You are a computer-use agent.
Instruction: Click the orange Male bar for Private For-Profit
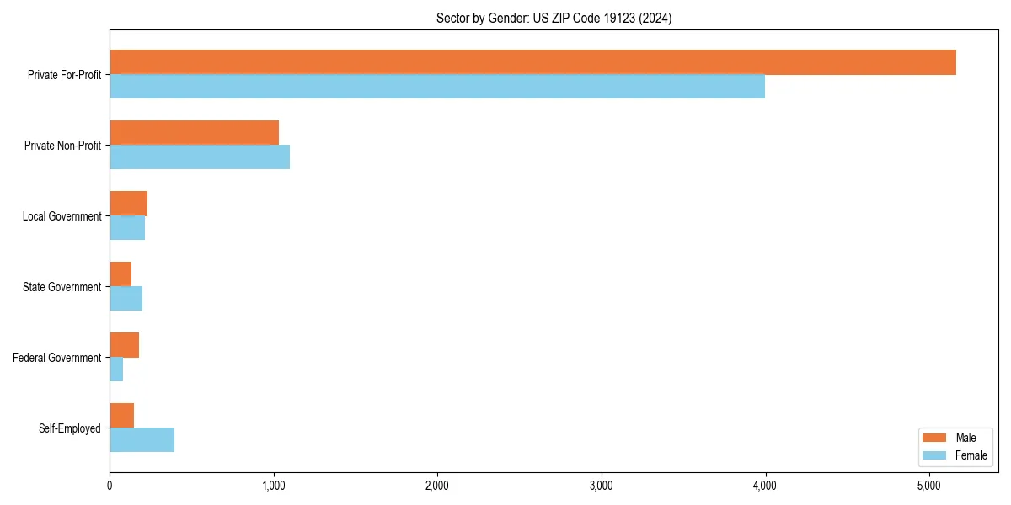pyautogui.click(x=532, y=62)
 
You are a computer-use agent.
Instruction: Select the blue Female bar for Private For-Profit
pyautogui.click(x=437, y=87)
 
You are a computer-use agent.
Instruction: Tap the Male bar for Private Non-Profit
pyautogui.click(x=194, y=133)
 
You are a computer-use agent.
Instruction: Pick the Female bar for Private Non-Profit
pyautogui.click(x=200, y=157)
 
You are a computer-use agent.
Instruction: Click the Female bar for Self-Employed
pyautogui.click(x=142, y=440)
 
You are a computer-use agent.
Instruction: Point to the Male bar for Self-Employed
pyautogui.click(x=121, y=416)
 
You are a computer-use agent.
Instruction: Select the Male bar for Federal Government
pyautogui.click(x=124, y=345)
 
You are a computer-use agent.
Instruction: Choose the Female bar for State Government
pyautogui.click(x=126, y=299)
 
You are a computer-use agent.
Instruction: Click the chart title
pyautogui.click(x=554, y=18)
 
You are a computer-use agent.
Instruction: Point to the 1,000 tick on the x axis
pyautogui.click(x=273, y=486)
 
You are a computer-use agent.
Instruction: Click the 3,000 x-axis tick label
pyautogui.click(x=601, y=486)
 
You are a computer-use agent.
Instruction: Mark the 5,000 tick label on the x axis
pyautogui.click(x=928, y=486)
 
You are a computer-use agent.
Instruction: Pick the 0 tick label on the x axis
pyautogui.click(x=110, y=486)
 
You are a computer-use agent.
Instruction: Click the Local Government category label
pyautogui.click(x=62, y=216)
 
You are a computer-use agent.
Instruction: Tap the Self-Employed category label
pyautogui.click(x=69, y=428)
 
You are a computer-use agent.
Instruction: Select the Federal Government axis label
pyautogui.click(x=56, y=358)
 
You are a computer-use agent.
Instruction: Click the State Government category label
pyautogui.click(x=62, y=287)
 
